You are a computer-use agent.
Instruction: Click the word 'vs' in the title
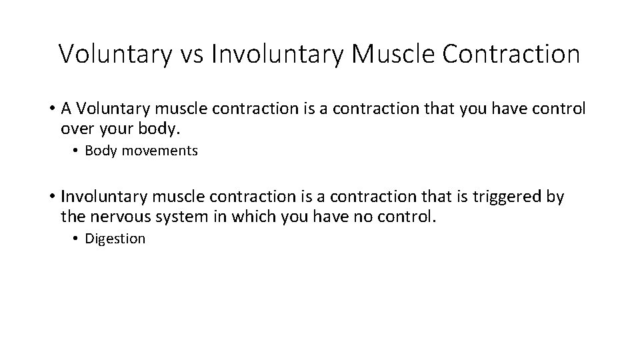point(189,54)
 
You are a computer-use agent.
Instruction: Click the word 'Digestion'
point(115,239)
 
